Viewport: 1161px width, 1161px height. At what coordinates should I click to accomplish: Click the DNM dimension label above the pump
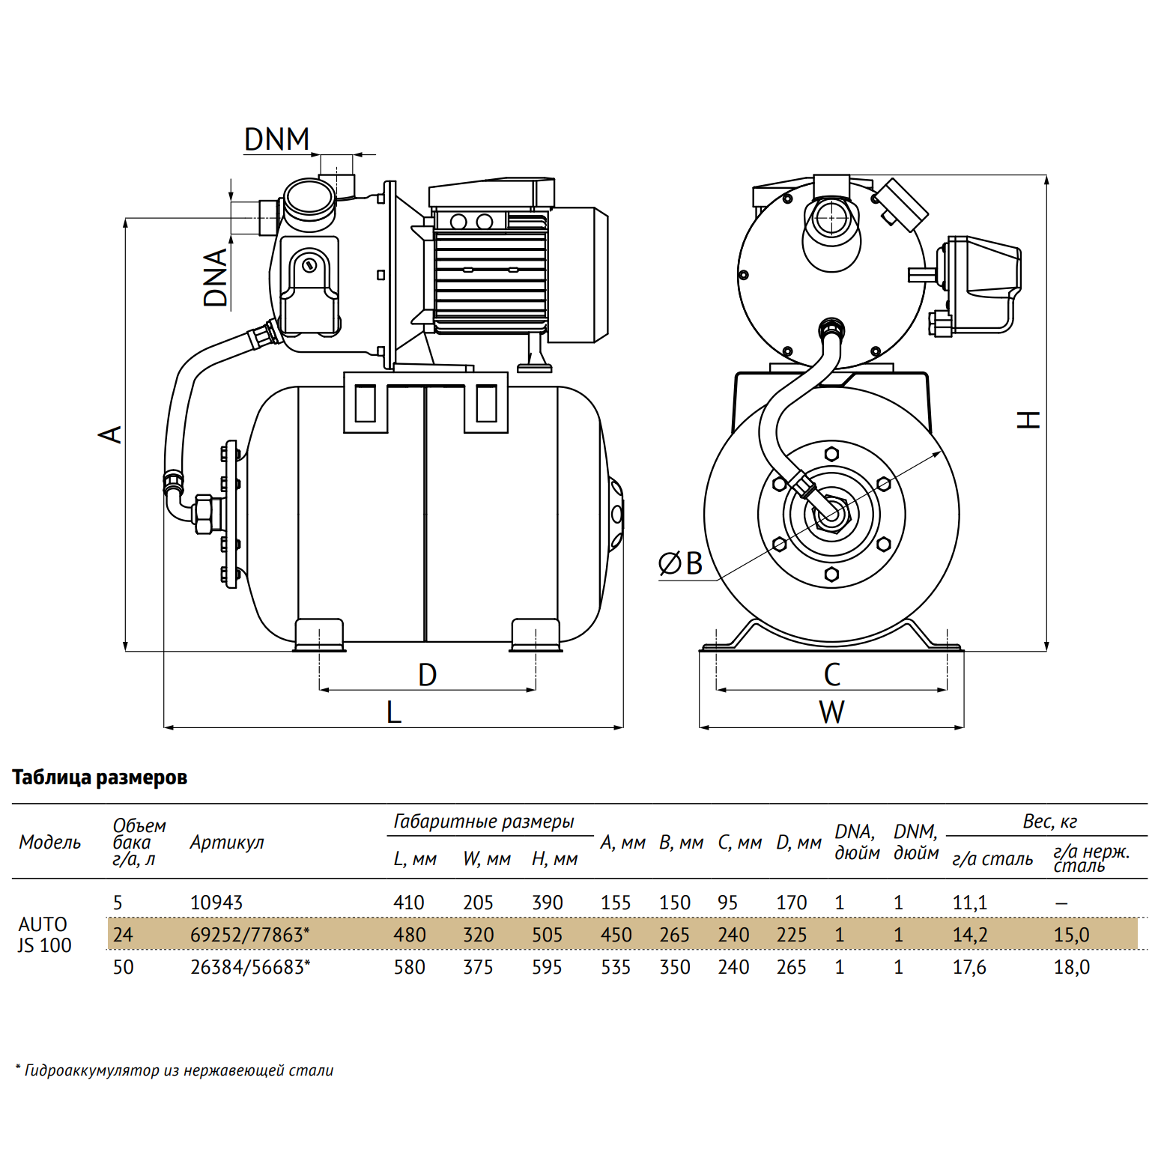coord(276,139)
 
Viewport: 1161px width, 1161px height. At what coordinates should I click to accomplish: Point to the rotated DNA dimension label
coord(216,278)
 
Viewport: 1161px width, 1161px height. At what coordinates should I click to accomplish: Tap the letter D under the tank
coord(427,675)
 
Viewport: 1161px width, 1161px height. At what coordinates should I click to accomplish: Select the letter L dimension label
coord(394,712)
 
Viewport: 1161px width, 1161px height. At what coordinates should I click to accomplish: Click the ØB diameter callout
coord(680,563)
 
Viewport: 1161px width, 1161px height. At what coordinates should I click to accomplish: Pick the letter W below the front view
coord(831,712)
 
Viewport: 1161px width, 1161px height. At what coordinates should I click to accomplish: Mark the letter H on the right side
coord(1028,419)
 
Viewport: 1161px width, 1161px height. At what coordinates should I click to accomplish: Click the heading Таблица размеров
coord(100,777)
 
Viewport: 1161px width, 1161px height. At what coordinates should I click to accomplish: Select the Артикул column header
coord(227,843)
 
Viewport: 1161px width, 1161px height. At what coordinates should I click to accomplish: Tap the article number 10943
coord(216,903)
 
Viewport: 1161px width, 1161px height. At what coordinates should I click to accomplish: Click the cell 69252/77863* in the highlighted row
coord(250,935)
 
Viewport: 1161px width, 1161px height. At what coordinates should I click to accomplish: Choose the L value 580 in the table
coord(409,967)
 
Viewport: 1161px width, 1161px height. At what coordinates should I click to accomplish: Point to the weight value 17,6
coord(969,967)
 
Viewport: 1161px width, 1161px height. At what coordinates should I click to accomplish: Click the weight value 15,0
coord(1071,935)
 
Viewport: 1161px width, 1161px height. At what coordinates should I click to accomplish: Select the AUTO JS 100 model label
coord(45,935)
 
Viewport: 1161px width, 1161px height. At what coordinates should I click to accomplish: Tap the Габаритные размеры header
coord(484,822)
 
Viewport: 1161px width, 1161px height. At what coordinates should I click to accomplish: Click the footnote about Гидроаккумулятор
coord(175,1070)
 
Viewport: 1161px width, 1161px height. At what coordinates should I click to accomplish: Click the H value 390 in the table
coord(547,903)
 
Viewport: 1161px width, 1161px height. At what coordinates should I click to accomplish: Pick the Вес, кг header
coord(1050,822)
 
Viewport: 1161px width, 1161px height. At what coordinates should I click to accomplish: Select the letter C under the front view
coord(832,675)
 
